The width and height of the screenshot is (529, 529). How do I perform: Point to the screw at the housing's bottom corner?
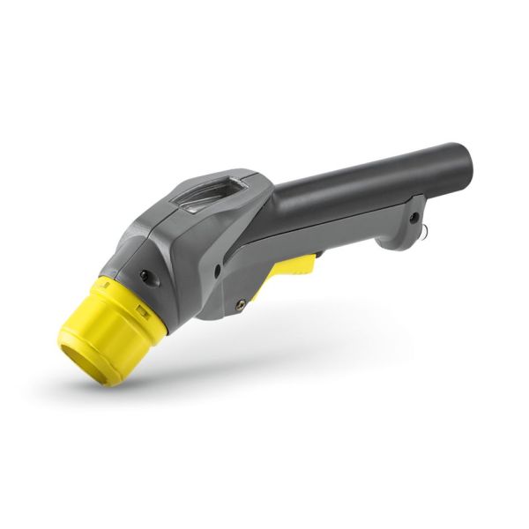click(x=240, y=304)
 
